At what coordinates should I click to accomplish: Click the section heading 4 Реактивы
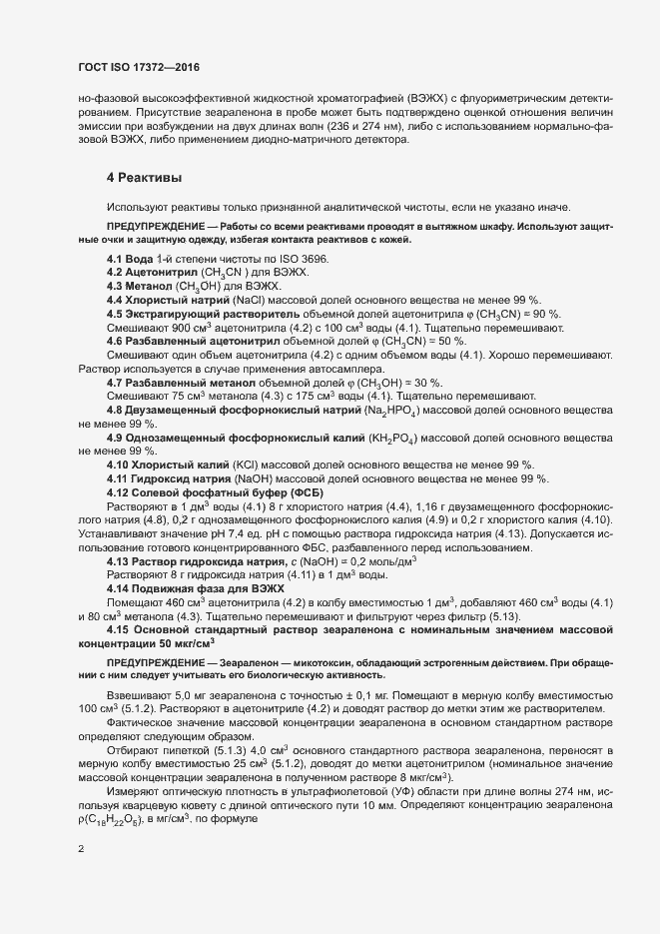tap(144, 177)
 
